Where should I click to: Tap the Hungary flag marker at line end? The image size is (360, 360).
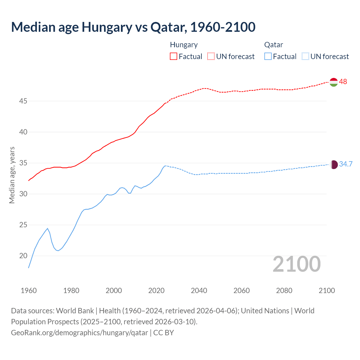[334, 82]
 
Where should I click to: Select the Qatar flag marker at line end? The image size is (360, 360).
[334, 165]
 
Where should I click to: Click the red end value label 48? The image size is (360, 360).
[343, 82]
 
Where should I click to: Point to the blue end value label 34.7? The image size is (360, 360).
[346, 164]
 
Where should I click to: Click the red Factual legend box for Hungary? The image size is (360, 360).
[174, 57]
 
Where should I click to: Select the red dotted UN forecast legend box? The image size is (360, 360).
[211, 57]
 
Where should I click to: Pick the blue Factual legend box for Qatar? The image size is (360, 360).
[268, 57]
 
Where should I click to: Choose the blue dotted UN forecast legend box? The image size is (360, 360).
[305, 57]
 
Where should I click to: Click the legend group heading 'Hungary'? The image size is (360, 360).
[184, 45]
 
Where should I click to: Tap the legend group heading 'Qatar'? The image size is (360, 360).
[273, 45]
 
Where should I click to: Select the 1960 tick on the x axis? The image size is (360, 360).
[29, 291]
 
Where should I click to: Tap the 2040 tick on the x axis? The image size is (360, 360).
[199, 291]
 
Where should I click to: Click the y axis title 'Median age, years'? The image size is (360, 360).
[12, 175]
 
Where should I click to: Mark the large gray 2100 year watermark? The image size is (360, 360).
[296, 264]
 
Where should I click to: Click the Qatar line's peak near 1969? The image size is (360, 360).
[48, 228]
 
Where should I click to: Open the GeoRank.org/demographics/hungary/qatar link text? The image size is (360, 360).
[79, 333]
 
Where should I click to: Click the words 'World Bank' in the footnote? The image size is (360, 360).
[75, 311]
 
